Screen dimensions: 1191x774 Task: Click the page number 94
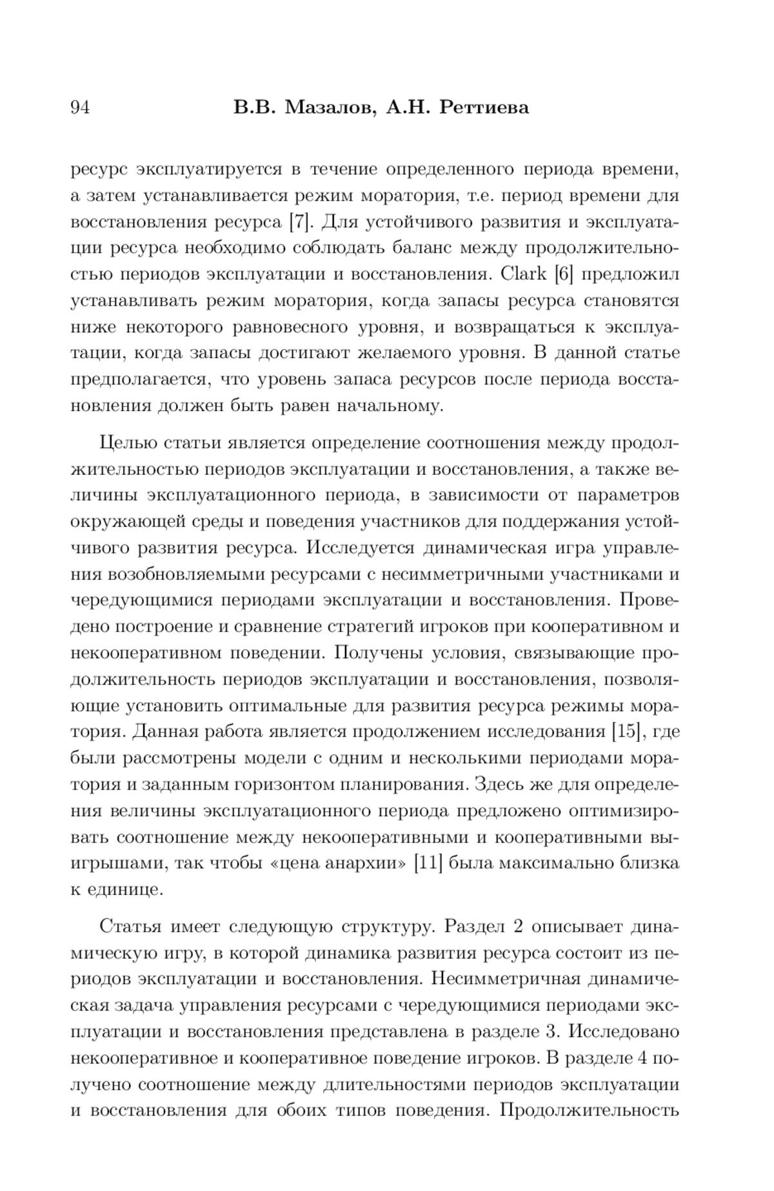pyautogui.click(x=79, y=107)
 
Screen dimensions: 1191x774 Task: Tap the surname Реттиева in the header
pyautogui.click(x=484, y=107)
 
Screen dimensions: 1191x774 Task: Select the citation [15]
pyautogui.click(x=625, y=732)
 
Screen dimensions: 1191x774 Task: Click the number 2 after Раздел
pyautogui.click(x=517, y=927)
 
